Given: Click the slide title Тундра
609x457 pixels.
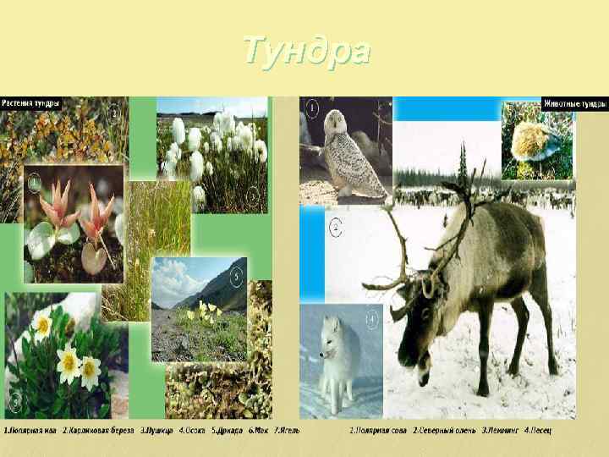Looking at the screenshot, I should click(x=306, y=51).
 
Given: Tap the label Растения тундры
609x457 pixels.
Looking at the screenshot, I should click(x=30, y=103).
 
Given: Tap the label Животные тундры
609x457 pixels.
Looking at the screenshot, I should click(x=575, y=104).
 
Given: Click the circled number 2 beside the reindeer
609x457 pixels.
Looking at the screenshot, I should click(x=336, y=228).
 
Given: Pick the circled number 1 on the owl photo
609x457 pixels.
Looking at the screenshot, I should click(x=312, y=107).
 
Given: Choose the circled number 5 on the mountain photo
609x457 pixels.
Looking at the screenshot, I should click(x=237, y=275).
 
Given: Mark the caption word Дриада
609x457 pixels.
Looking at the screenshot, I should click(x=228, y=430).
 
